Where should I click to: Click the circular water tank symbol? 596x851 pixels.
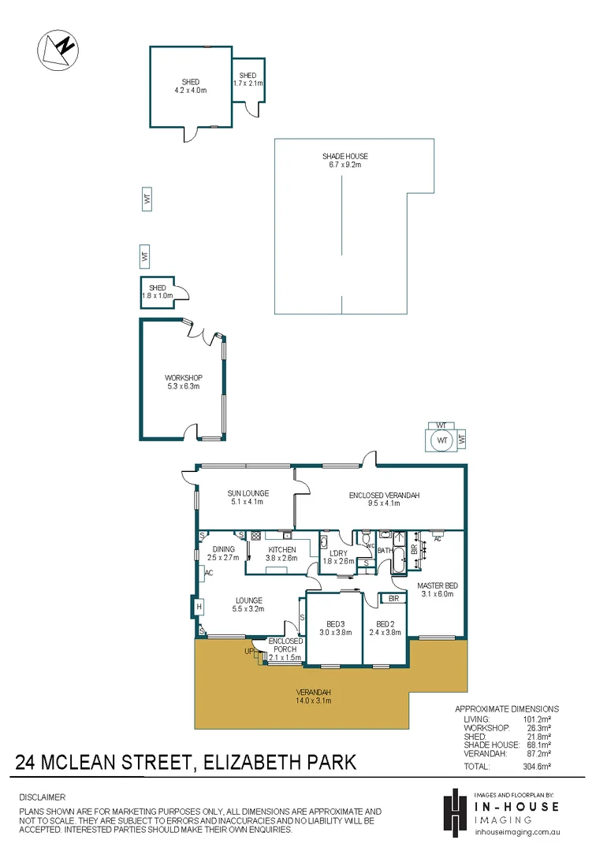[x=441, y=439]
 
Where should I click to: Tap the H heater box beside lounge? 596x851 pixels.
[x=199, y=607]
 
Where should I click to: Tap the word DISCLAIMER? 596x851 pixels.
[x=43, y=797]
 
